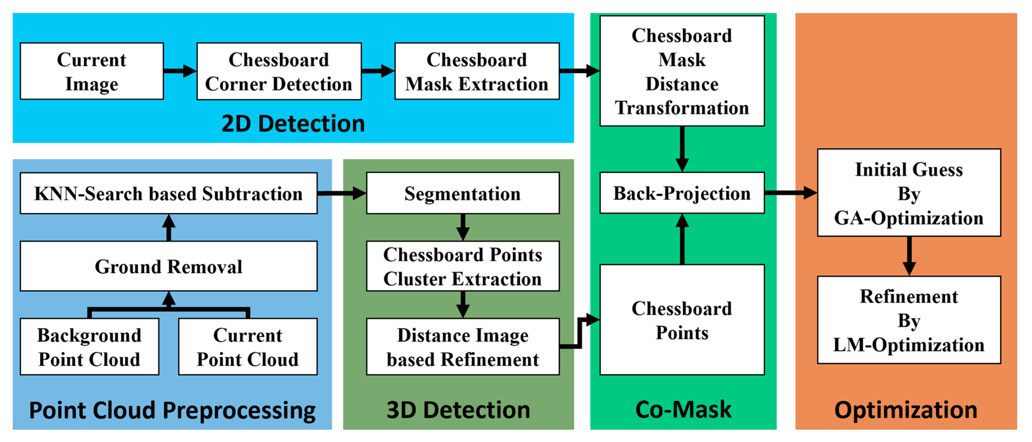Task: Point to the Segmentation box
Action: (463, 193)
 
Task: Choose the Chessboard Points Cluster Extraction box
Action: (463, 266)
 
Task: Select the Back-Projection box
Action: (682, 193)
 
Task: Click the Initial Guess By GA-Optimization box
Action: (909, 193)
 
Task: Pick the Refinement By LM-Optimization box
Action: (909, 320)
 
